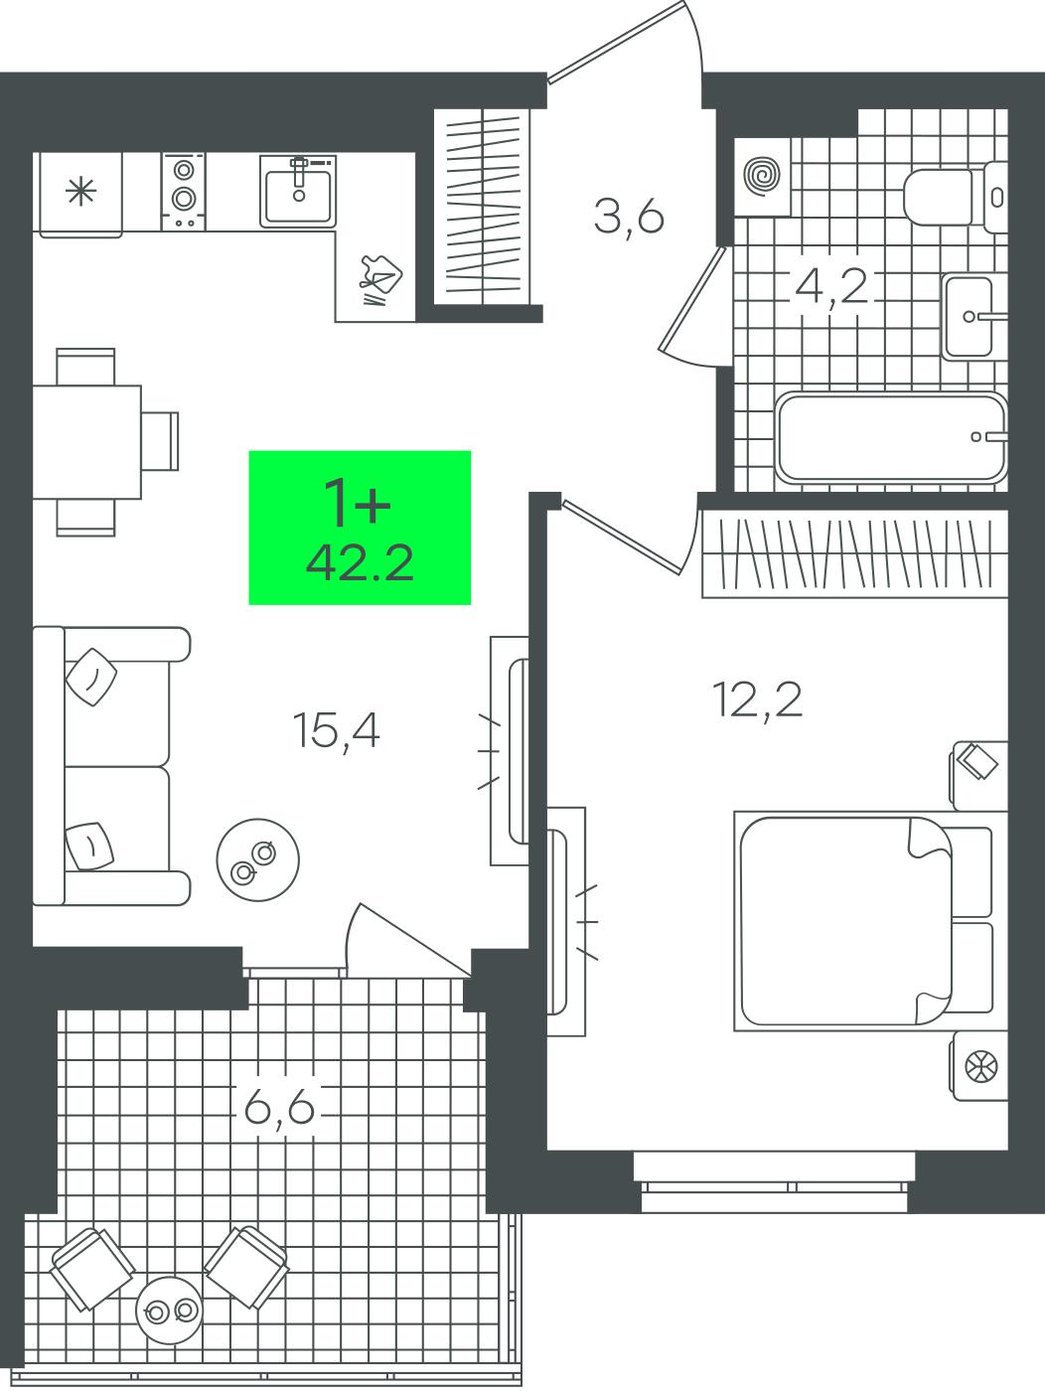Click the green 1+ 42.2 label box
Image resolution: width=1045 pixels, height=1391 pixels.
click(x=360, y=528)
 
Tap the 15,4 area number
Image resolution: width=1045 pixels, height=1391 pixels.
click(x=337, y=730)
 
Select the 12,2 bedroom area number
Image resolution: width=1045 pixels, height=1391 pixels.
click(x=758, y=699)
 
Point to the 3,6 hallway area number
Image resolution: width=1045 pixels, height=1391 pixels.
click(x=629, y=216)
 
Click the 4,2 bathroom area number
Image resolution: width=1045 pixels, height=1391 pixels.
click(x=830, y=287)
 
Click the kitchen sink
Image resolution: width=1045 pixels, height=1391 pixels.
click(x=298, y=190)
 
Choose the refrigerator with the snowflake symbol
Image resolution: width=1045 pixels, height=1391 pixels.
click(x=81, y=195)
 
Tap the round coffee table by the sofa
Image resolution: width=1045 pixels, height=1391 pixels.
click(x=257, y=860)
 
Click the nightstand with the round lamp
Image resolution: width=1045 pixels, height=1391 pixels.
click(x=979, y=1066)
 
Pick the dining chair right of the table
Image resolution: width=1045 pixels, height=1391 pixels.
click(x=160, y=441)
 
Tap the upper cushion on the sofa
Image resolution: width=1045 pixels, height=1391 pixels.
click(x=91, y=677)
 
